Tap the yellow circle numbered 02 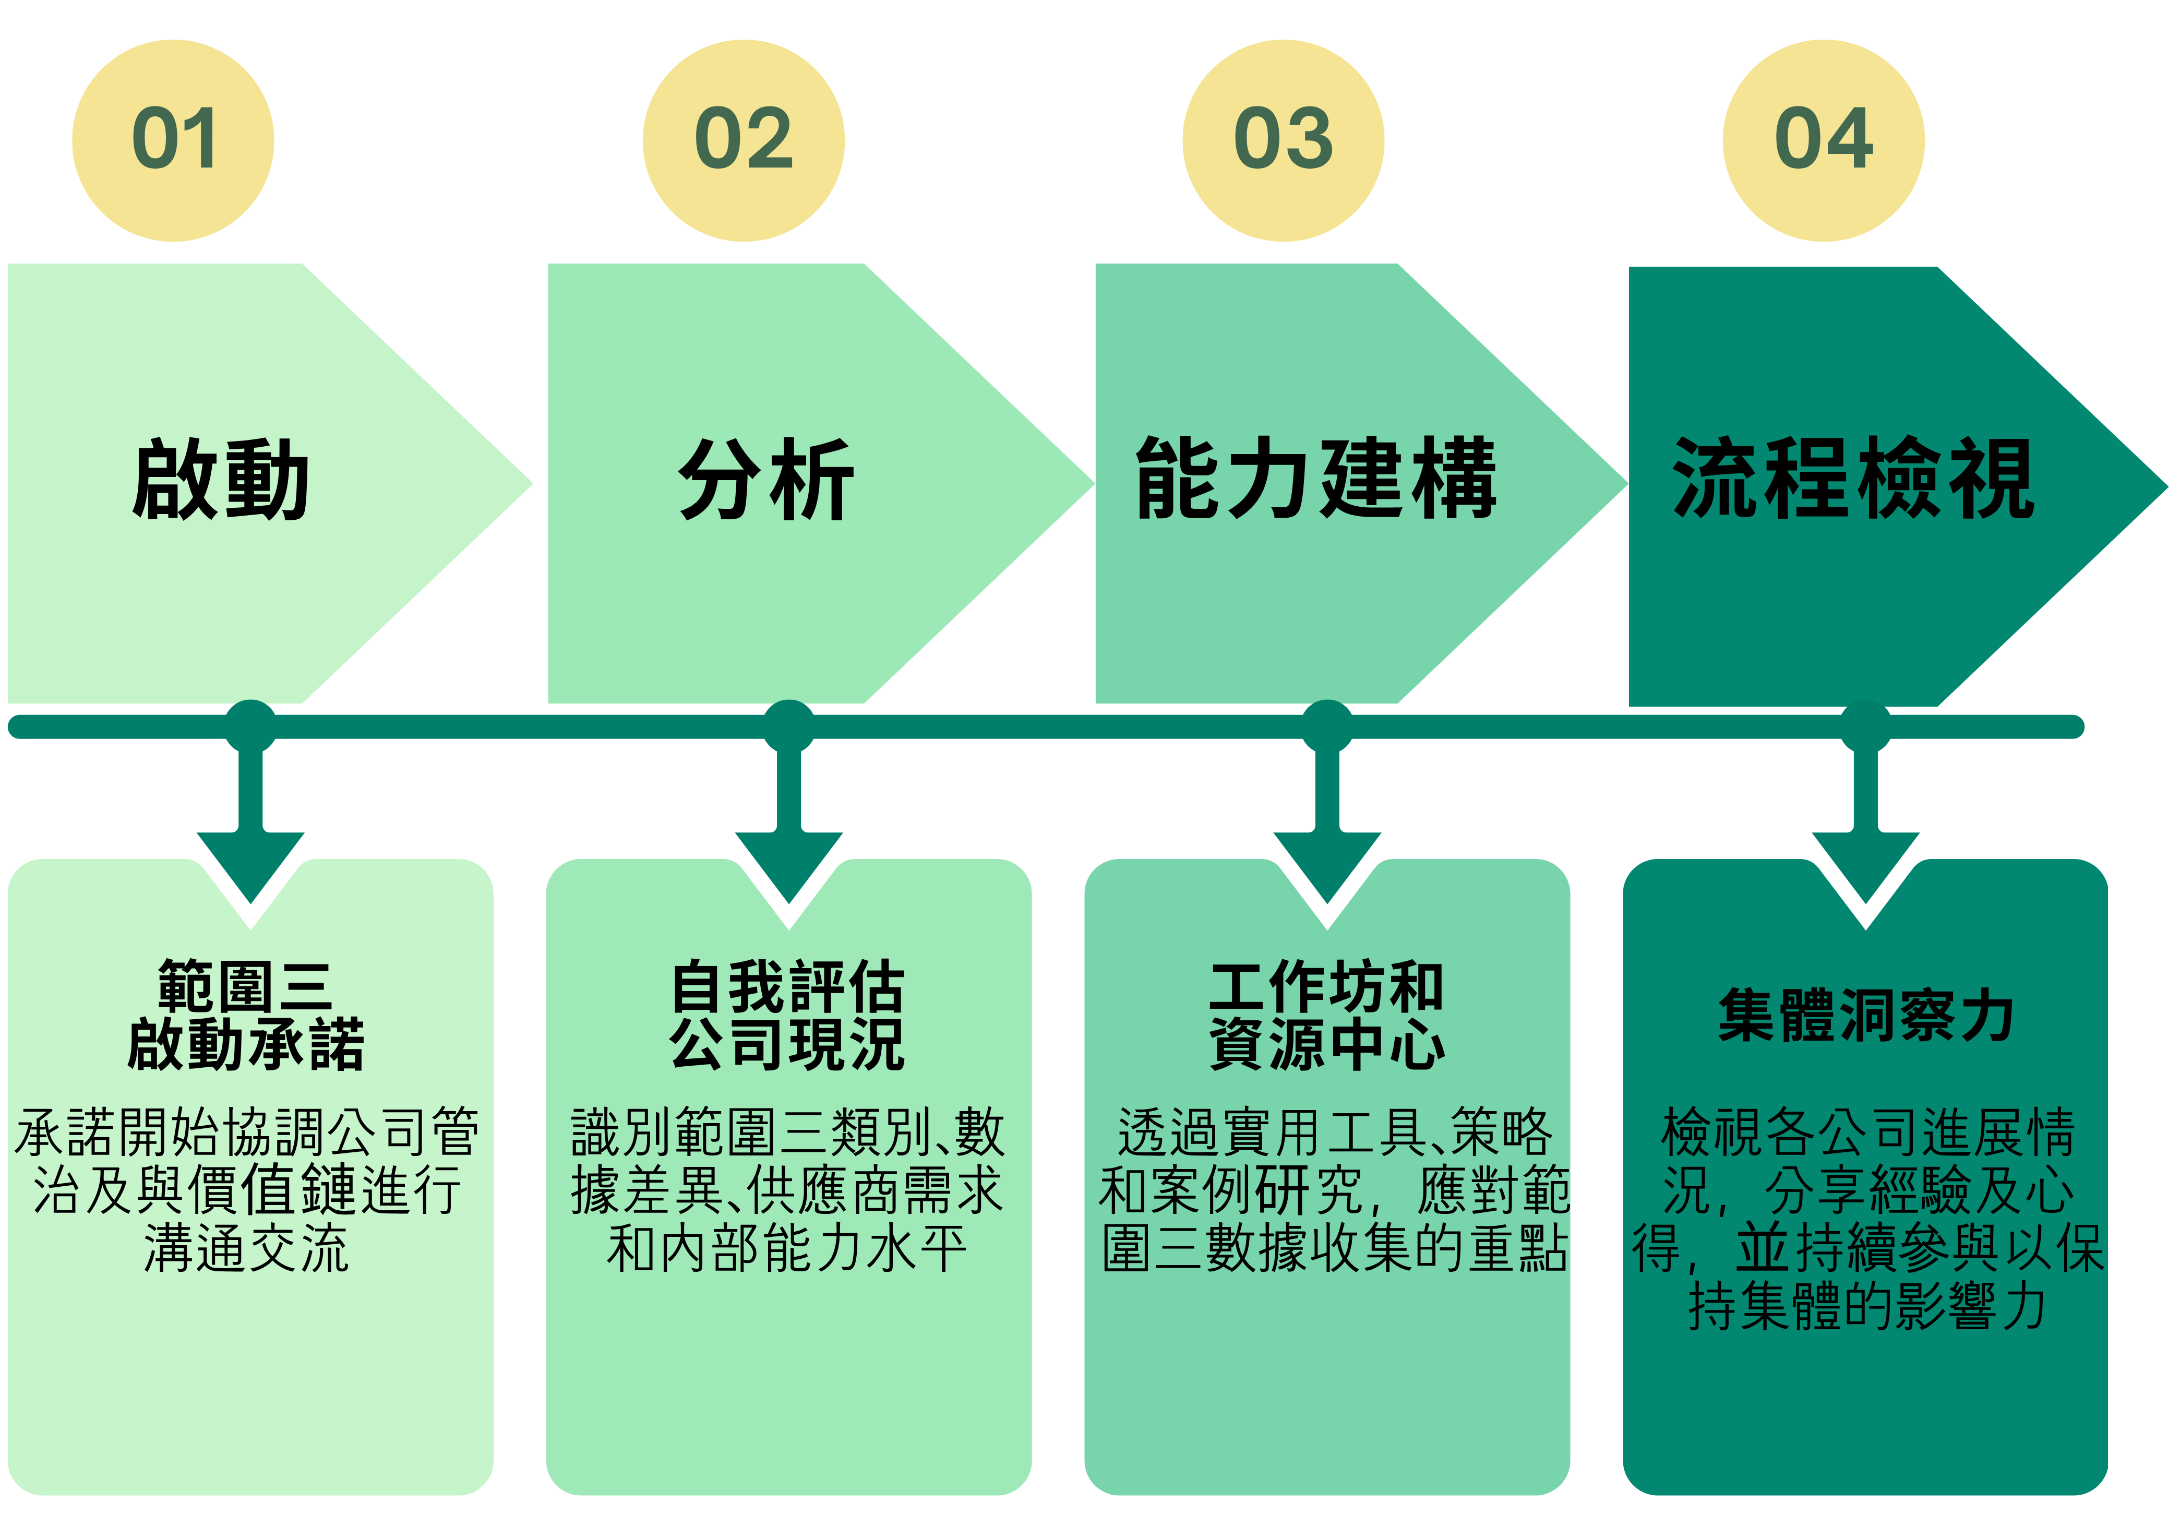[x=744, y=140]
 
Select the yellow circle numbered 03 [x=1283, y=140]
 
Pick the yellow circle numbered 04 [x=1823, y=140]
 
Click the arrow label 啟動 [x=221, y=480]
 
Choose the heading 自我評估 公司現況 [x=788, y=1015]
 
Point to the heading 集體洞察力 [x=1866, y=1015]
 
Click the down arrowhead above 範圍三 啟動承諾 [x=250, y=864]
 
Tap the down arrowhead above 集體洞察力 [x=1866, y=864]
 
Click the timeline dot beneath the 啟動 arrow [x=250, y=726]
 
